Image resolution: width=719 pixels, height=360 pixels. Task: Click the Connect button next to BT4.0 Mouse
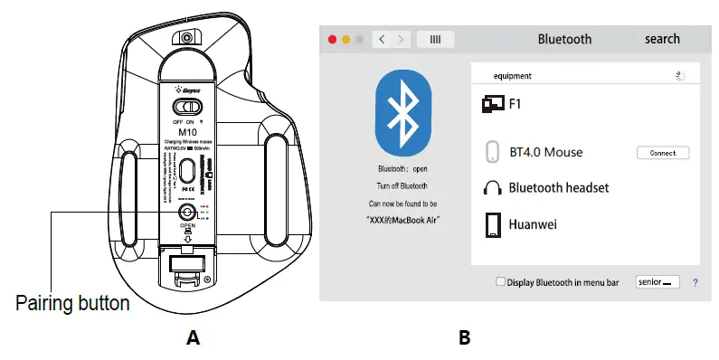coord(663,153)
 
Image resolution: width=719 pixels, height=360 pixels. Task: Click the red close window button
coord(332,40)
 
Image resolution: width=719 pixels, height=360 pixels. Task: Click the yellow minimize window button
coord(346,40)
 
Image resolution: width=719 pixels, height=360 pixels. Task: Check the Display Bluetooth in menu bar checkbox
coord(501,282)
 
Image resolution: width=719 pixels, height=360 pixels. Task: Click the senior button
coord(658,282)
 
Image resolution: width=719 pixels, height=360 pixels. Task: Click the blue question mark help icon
coord(695,282)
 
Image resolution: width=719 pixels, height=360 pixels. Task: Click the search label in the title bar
coord(662,39)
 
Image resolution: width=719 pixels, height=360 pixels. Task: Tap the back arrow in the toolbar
coord(383,40)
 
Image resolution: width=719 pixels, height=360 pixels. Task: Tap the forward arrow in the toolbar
coord(401,40)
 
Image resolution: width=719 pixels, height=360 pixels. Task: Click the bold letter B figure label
coord(464,338)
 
